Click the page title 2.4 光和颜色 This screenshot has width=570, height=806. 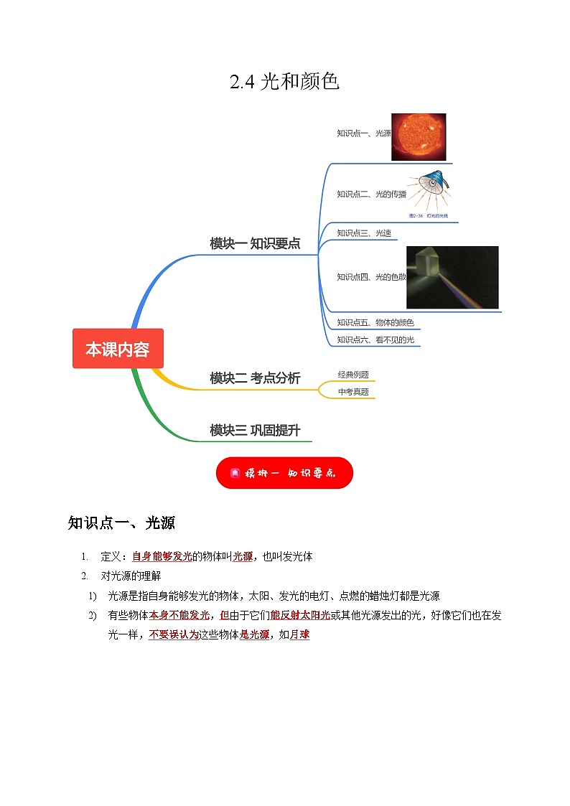tap(284, 82)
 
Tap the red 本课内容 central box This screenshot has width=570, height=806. tap(118, 349)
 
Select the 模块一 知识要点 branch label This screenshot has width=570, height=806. tap(255, 243)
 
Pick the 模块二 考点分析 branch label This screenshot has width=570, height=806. tap(255, 378)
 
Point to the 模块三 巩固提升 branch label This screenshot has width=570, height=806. tap(255, 430)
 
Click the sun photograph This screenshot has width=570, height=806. tap(419, 137)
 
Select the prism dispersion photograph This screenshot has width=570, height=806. tap(452, 277)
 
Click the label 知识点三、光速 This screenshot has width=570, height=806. tap(364, 233)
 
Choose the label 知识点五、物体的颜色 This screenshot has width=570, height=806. tap(375, 323)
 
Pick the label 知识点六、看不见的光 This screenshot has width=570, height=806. tap(375, 339)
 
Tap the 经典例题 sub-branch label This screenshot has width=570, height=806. tap(353, 375)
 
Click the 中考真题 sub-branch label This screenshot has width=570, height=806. tap(353, 392)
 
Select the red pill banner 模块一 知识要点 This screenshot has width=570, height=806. tap(284, 473)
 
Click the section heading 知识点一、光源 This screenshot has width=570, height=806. tap(121, 523)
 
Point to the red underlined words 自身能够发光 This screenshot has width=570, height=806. tap(162, 556)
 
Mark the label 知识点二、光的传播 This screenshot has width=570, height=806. tap(371, 194)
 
